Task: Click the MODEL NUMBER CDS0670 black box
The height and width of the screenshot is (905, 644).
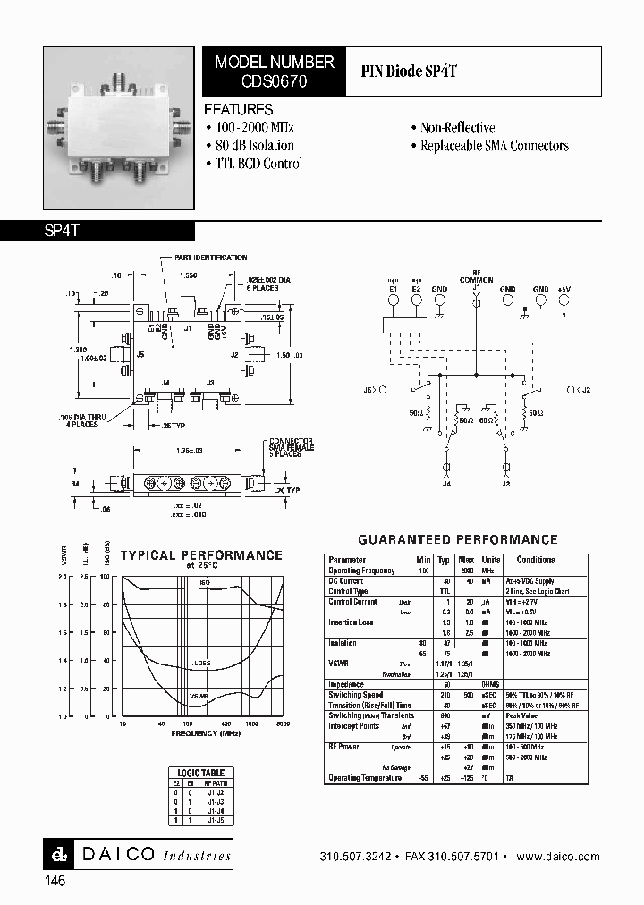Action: point(274,71)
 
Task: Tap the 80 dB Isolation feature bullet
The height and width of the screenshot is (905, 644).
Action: point(250,146)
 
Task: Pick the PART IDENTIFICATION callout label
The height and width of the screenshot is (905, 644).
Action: point(214,258)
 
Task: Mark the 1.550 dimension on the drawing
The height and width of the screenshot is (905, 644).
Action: point(189,276)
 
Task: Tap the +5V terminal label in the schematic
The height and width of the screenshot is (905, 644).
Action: point(563,290)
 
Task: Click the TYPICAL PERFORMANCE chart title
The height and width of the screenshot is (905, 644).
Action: point(201,555)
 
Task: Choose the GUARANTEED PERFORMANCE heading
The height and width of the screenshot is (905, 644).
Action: point(457,540)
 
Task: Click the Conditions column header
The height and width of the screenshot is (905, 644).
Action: point(536,560)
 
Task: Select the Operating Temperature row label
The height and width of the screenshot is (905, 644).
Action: point(366,778)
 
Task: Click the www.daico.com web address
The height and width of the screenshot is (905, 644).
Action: point(558,856)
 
